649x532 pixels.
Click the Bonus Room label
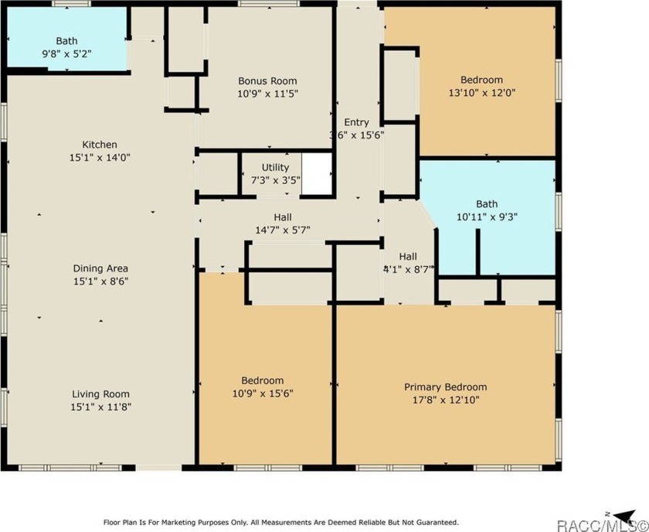[x=267, y=80]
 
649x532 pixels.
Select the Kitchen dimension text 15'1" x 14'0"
[x=100, y=156]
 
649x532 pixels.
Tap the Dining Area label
[x=100, y=269]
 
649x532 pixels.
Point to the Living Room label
[x=100, y=393]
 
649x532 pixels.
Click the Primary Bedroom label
[x=445, y=387]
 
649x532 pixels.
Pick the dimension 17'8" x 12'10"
[x=445, y=400]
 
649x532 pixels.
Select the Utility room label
[x=275, y=167]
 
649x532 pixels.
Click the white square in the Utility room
[x=316, y=174]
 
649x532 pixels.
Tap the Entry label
[x=356, y=122]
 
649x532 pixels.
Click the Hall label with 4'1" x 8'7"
[x=408, y=256]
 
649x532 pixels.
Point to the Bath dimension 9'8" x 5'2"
[x=66, y=53]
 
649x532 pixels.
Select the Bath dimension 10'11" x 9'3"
[x=487, y=217]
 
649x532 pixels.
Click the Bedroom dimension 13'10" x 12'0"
[x=481, y=92]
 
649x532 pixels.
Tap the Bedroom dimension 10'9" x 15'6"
[x=262, y=393]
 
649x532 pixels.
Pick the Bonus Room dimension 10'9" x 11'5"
[x=267, y=93]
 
